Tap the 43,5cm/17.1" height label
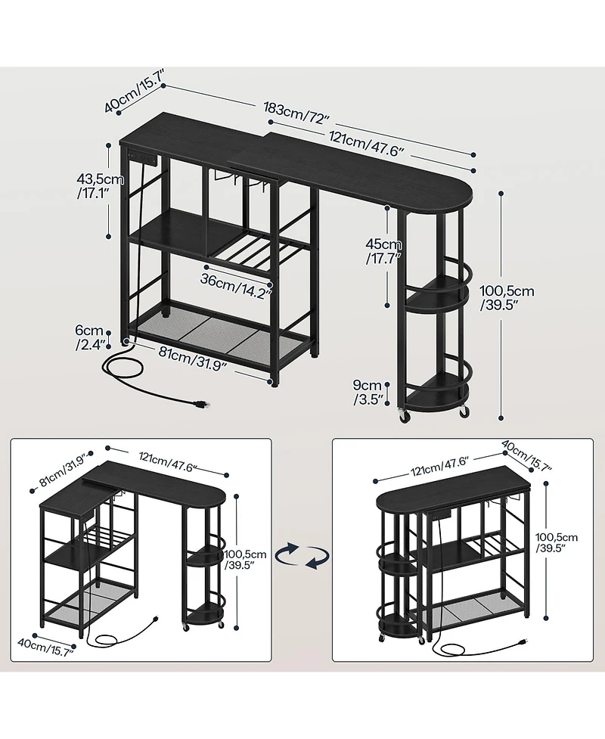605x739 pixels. click(x=100, y=185)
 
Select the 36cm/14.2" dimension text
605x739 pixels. click(x=236, y=286)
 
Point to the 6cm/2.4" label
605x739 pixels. click(x=89, y=337)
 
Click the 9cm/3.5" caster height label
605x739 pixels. click(x=368, y=393)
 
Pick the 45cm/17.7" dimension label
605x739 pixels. click(x=383, y=251)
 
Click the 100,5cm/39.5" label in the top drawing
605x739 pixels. click(x=507, y=298)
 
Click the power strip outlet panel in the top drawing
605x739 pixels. click(x=143, y=157)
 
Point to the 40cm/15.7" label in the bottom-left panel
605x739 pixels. click(x=45, y=647)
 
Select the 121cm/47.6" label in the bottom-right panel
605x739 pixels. click(x=439, y=465)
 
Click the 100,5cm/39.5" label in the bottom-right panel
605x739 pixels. click(x=557, y=542)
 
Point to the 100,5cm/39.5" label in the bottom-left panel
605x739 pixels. click(x=245, y=560)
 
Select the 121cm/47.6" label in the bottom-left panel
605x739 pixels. click(x=168, y=462)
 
